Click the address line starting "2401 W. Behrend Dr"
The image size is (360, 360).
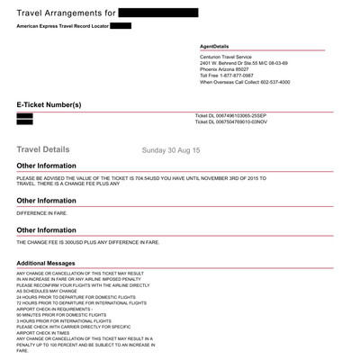point(244,63)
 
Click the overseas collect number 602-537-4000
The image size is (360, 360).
point(270,82)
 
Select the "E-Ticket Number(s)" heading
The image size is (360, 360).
point(55,105)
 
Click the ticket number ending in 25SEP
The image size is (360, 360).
point(235,116)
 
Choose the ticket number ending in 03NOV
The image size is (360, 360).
point(235,122)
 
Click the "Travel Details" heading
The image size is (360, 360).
point(44,148)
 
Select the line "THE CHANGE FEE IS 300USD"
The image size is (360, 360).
point(88,242)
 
